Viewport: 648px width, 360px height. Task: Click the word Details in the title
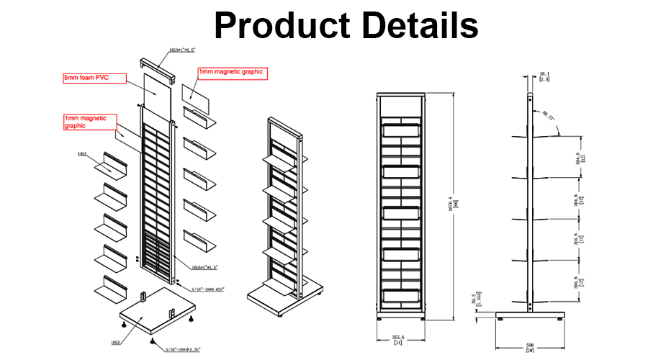[x=418, y=27]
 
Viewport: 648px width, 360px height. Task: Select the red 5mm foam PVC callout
[x=91, y=77]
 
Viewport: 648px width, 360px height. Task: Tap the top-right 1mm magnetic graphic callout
[x=231, y=72]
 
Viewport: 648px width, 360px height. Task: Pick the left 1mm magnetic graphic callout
[x=89, y=122]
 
